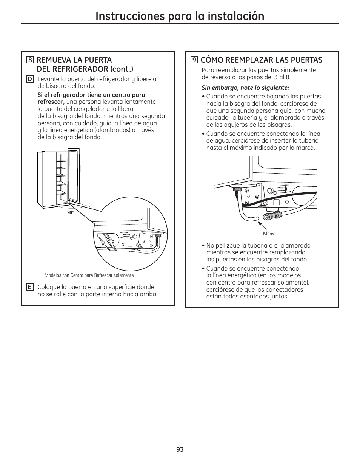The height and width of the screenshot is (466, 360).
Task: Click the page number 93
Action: tap(180, 449)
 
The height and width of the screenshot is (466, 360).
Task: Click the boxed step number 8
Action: tap(30, 60)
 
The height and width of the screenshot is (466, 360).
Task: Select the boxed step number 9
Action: tap(194, 60)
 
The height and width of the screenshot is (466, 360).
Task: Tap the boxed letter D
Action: tap(30, 79)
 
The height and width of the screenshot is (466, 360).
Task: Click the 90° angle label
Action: tap(71, 213)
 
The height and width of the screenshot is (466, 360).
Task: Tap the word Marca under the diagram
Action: tap(269, 234)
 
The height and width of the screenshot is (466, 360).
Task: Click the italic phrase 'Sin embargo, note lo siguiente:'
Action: tap(245, 88)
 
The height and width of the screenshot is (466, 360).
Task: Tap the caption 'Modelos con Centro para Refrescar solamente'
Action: tap(89, 275)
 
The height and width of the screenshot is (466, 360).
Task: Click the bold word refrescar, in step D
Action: tap(51, 102)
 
